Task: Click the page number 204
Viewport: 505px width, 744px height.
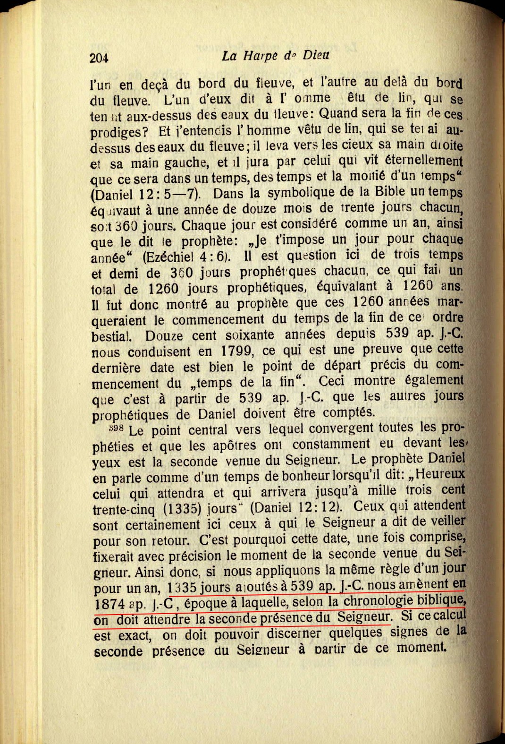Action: tap(99, 58)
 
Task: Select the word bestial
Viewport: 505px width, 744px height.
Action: tap(113, 336)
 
